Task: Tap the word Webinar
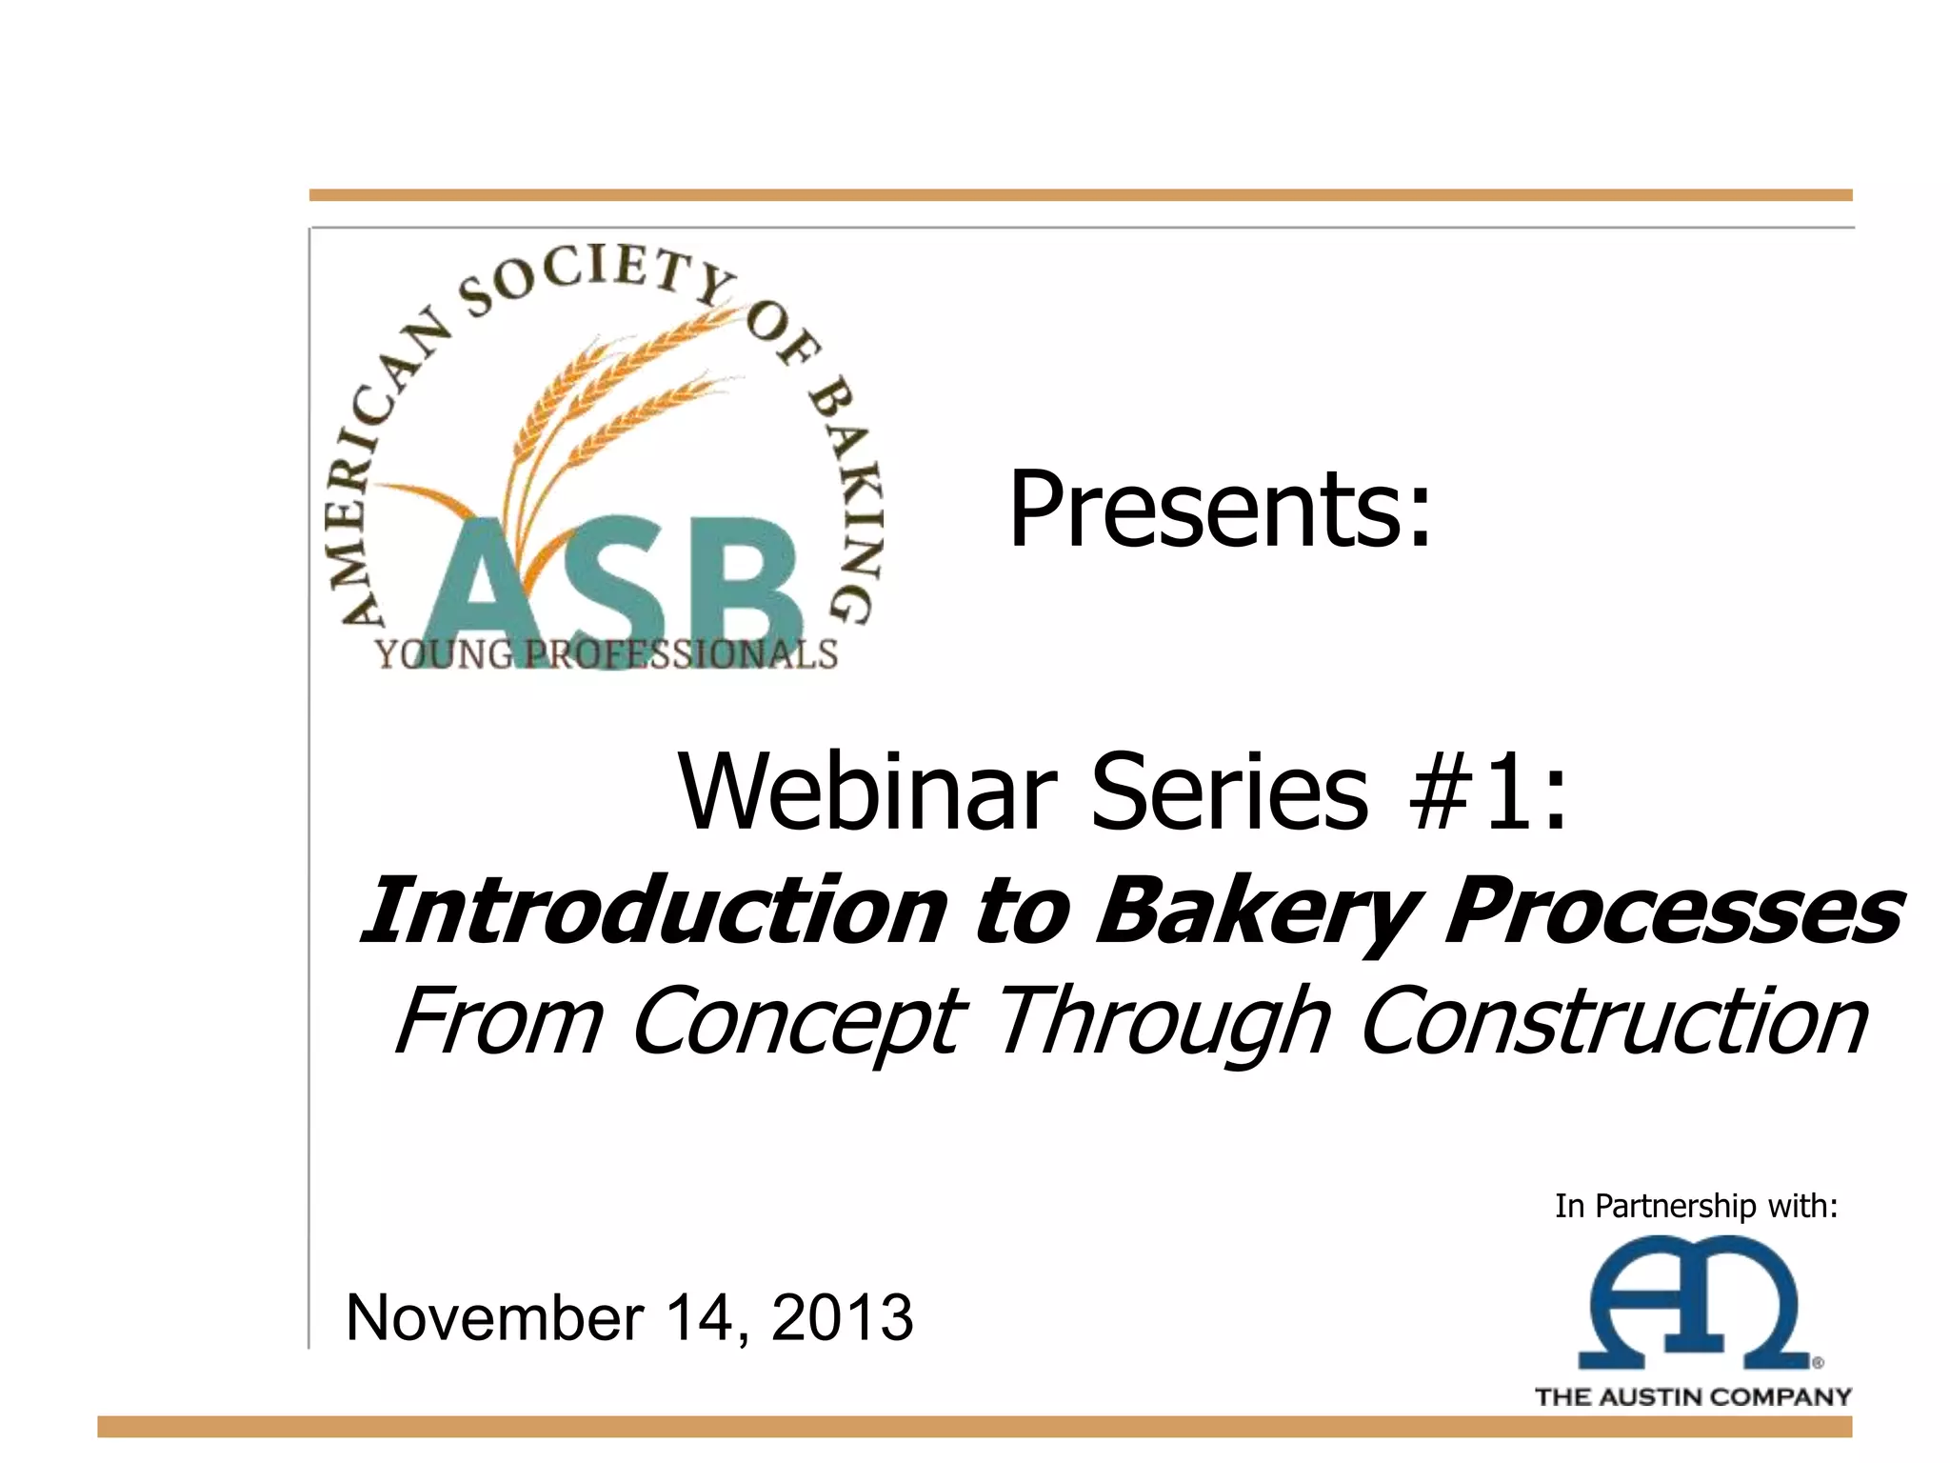pos(866,792)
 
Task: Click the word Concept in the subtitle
pos(798,1023)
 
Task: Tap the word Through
pos(1161,1023)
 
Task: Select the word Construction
pos(1613,1021)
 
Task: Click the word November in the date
pos(495,1318)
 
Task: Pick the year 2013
pos(842,1318)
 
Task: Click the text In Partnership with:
pos(1696,1207)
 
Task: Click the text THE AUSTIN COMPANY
pos(1693,1397)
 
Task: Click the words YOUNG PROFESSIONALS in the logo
pos(607,655)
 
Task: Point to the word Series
pos(1229,792)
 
